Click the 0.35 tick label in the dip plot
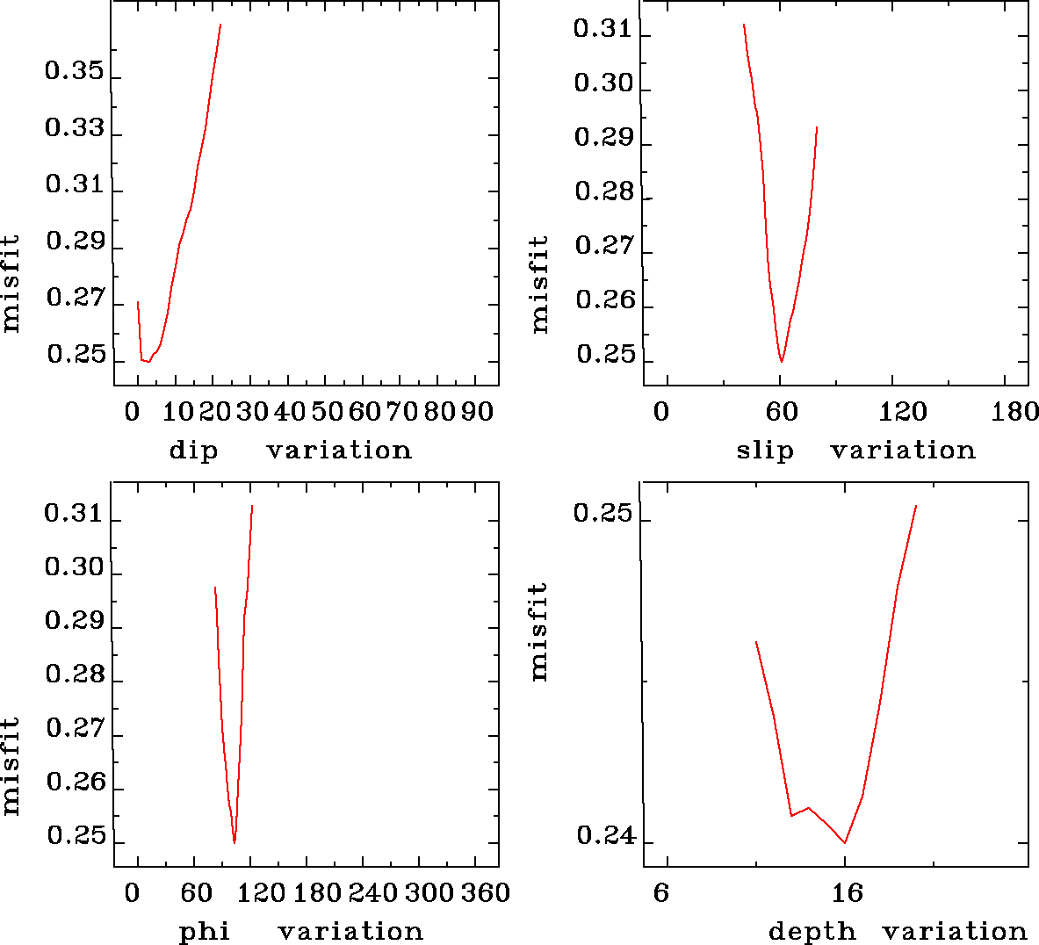[x=75, y=72]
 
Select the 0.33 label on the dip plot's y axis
[x=75, y=129]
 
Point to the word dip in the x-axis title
[x=193, y=451]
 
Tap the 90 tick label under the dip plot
[x=477, y=412]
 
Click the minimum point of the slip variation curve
[x=781, y=361]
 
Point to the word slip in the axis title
[x=765, y=451]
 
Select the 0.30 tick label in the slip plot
[x=603, y=84]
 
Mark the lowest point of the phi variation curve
[x=234, y=842]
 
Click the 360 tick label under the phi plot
[x=486, y=893]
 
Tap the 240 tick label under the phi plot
[x=372, y=893]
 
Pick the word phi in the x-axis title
[x=205, y=932]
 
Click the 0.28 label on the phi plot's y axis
[x=75, y=675]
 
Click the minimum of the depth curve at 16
[x=845, y=842]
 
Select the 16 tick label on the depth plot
[x=848, y=893]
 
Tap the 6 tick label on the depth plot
[x=661, y=893]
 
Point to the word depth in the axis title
[x=812, y=932]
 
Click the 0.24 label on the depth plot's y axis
[x=604, y=836]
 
